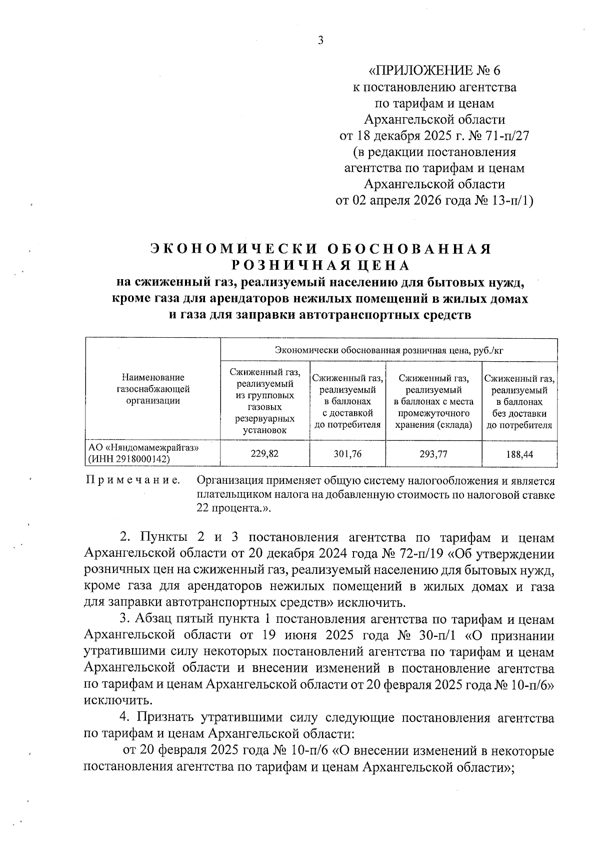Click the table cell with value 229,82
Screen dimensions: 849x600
265,454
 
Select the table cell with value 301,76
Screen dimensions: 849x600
347,454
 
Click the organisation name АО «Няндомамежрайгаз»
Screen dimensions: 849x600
143,448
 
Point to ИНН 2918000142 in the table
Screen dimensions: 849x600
129,459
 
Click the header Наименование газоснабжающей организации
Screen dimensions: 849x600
152,389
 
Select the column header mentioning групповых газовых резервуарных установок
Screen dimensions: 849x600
265,400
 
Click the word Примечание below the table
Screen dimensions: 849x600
133,481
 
